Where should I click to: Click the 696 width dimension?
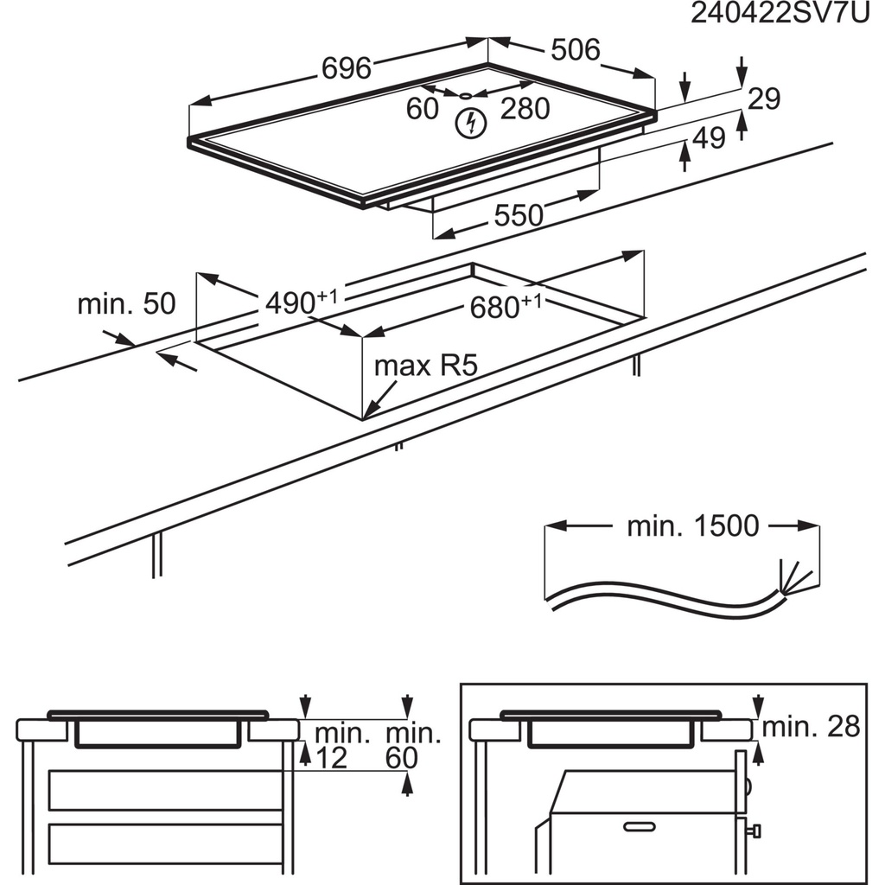(347, 67)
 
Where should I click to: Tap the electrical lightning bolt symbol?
(469, 123)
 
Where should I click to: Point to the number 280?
(525, 109)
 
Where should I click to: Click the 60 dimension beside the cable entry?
(423, 109)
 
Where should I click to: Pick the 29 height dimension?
(764, 99)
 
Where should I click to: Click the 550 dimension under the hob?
(519, 215)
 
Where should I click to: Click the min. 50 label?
(126, 303)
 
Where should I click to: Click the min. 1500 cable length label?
(692, 525)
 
